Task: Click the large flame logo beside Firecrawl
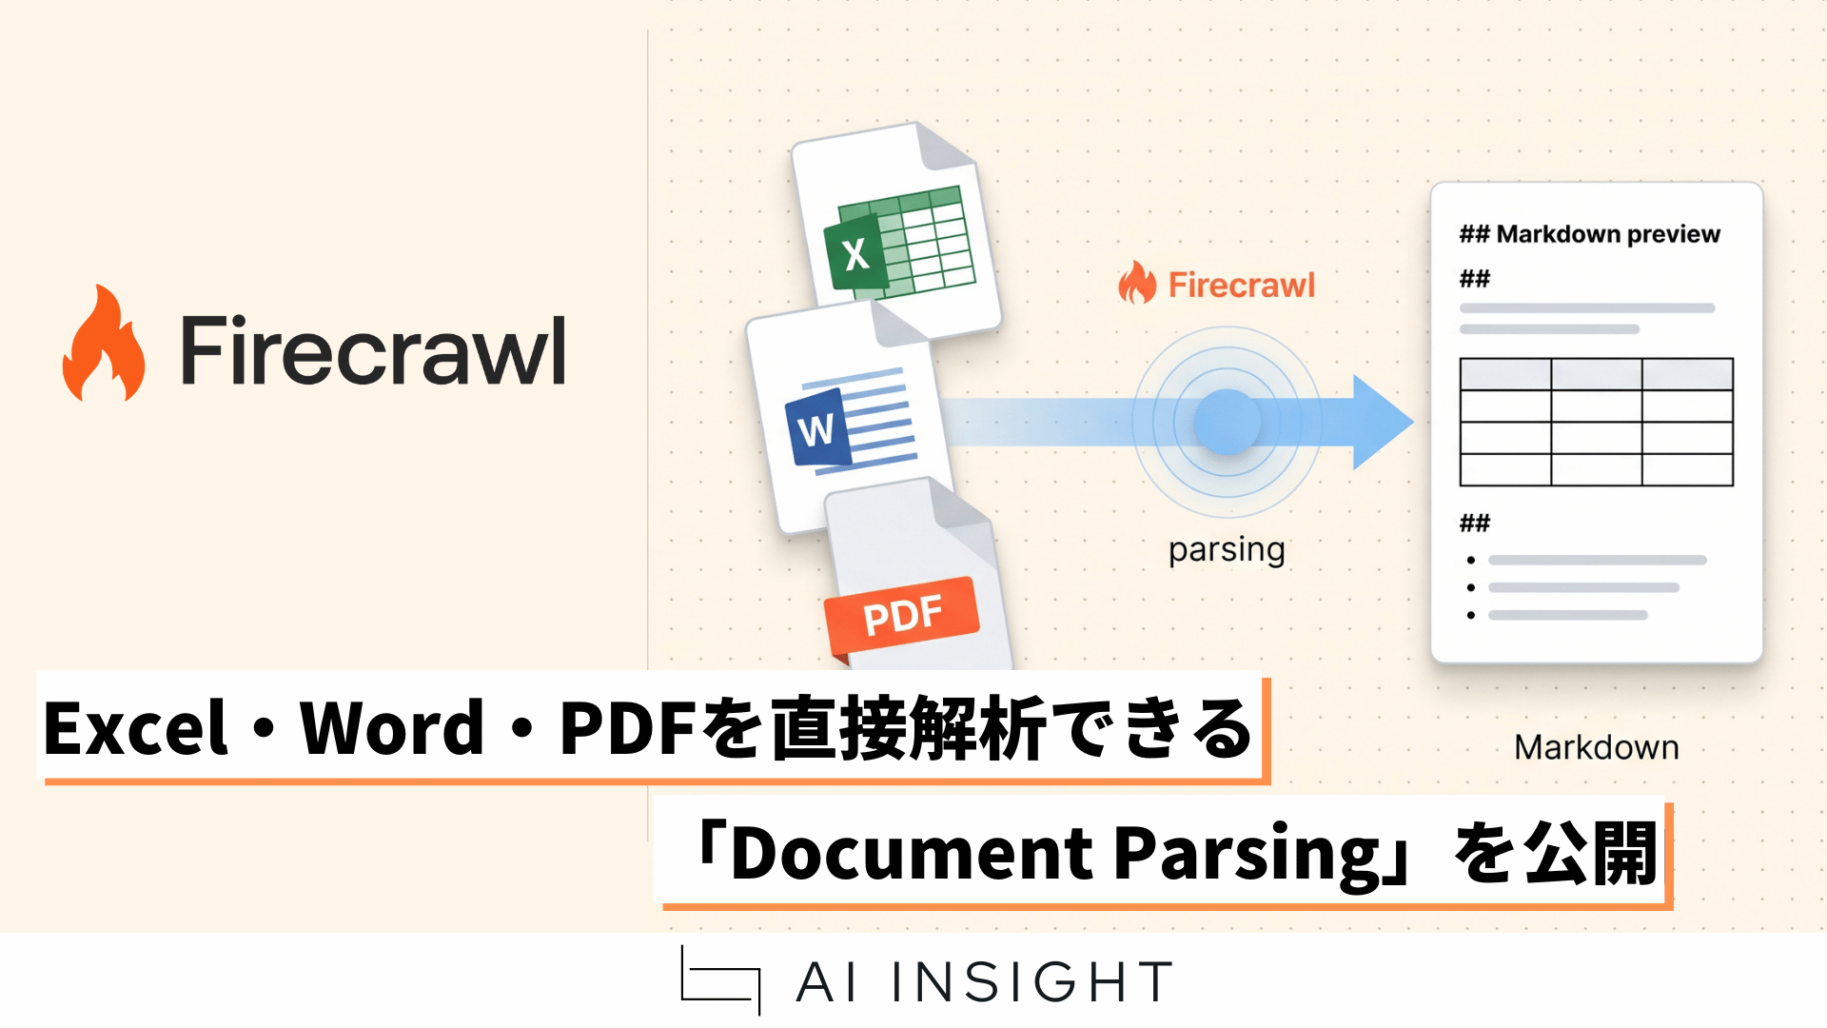tap(104, 344)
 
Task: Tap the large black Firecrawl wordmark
tap(373, 350)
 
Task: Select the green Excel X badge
tap(855, 253)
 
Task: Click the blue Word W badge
tap(815, 428)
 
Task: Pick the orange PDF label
tap(902, 615)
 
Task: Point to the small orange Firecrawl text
tap(1241, 285)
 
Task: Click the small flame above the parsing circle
tap(1137, 283)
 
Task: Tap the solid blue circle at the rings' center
tap(1227, 422)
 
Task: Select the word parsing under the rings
tap(1227, 550)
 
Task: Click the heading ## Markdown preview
tap(1589, 234)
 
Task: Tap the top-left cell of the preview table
tap(1505, 374)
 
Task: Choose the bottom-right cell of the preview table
tap(1687, 469)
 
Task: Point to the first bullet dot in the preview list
tap(1471, 561)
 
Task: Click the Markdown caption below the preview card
tap(1596, 747)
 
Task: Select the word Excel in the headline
tap(136, 728)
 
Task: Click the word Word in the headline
tap(392, 728)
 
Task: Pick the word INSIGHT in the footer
tap(1032, 982)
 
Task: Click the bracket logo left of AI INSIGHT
tap(720, 980)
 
